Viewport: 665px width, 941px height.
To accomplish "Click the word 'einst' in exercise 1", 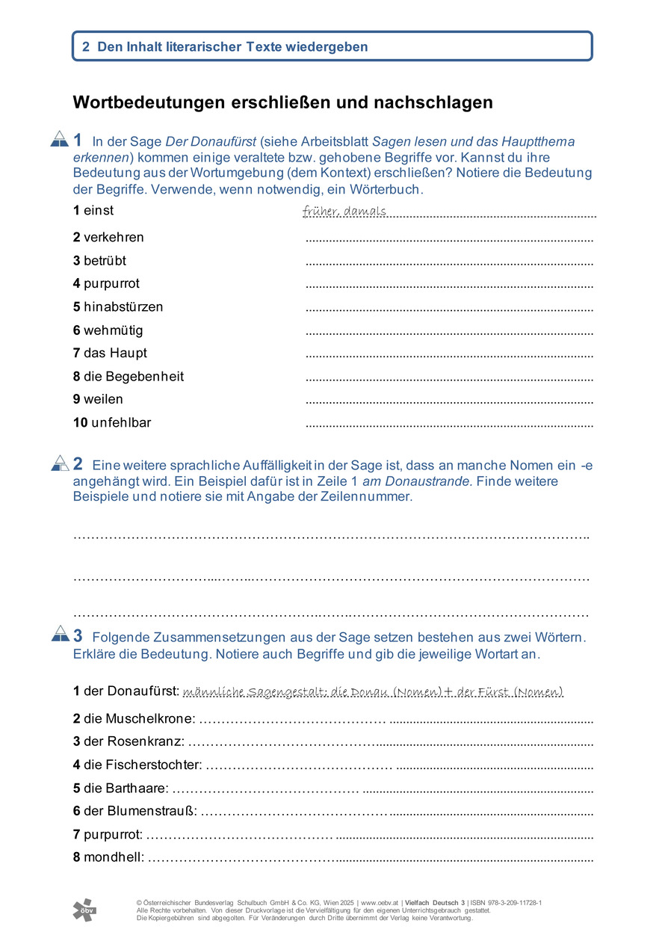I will pos(98,211).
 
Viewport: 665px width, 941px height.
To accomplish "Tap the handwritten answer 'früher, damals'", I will pos(344,212).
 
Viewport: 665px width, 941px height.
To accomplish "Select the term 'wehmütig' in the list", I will pos(113,330).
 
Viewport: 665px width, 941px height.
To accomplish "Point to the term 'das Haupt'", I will pos(115,354).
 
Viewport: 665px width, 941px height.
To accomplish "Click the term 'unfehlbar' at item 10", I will pos(120,423).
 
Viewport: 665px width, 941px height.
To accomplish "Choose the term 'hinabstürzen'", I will pos(123,307).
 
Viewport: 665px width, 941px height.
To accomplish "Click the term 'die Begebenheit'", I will pos(134,377).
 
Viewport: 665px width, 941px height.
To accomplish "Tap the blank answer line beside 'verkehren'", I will pos(449,241).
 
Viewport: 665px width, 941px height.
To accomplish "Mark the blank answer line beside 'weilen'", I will pos(449,403).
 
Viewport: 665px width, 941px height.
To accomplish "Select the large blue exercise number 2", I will pos(78,463).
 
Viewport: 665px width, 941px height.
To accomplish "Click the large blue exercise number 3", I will pos(78,635).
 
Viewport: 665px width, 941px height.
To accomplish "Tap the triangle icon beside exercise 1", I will pos(59,139).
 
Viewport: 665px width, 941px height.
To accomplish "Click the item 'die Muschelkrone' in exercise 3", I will pos(139,719).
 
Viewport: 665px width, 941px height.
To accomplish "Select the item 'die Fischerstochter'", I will pos(143,765).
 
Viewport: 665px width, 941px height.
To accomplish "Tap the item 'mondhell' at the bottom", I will pos(114,858).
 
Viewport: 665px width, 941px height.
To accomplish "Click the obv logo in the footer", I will pos(84,909).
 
